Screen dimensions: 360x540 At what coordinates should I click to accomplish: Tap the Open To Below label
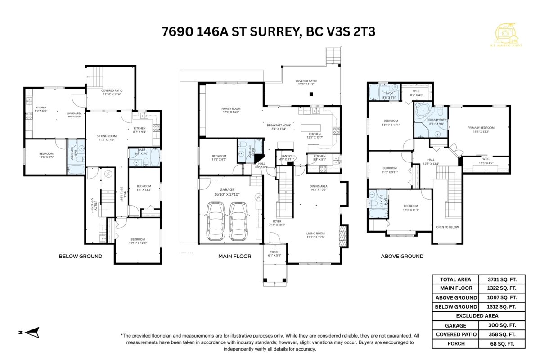pyautogui.click(x=447, y=227)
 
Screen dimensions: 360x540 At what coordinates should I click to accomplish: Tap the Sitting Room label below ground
pyautogui.click(x=107, y=138)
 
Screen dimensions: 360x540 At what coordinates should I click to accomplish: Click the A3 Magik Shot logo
pyautogui.click(x=508, y=34)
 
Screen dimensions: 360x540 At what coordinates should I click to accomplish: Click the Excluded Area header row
pyautogui.click(x=479, y=316)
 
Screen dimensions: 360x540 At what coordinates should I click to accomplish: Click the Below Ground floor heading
pyautogui.click(x=81, y=256)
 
